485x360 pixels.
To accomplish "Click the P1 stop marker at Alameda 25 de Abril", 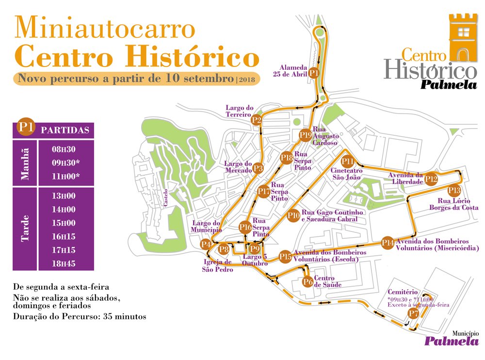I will pyautogui.click(x=314, y=73).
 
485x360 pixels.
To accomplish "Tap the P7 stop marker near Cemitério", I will pyautogui.click(x=413, y=314).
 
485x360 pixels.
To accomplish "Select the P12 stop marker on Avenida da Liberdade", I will pyautogui.click(x=431, y=179).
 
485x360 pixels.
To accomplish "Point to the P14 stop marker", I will pyautogui.click(x=388, y=243).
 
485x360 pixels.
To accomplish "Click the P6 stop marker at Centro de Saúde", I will pyautogui.click(x=307, y=281).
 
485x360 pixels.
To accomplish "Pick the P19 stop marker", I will pyautogui.click(x=305, y=135).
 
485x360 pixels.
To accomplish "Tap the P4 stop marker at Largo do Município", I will pyautogui.click(x=206, y=244).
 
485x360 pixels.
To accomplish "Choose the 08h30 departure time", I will pyautogui.click(x=64, y=149).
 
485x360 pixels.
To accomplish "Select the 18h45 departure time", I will pyautogui.click(x=64, y=264).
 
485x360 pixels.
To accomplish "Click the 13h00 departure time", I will pyautogui.click(x=64, y=196).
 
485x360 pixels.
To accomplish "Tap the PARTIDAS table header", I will pyautogui.click(x=65, y=131).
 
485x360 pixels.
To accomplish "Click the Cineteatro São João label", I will pyautogui.click(x=346, y=174).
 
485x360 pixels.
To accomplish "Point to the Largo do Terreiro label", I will pyautogui.click(x=239, y=111).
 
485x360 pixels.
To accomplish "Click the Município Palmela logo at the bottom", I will pyautogui.click(x=451, y=339).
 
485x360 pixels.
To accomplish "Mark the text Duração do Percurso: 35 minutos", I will pyautogui.click(x=80, y=316).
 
